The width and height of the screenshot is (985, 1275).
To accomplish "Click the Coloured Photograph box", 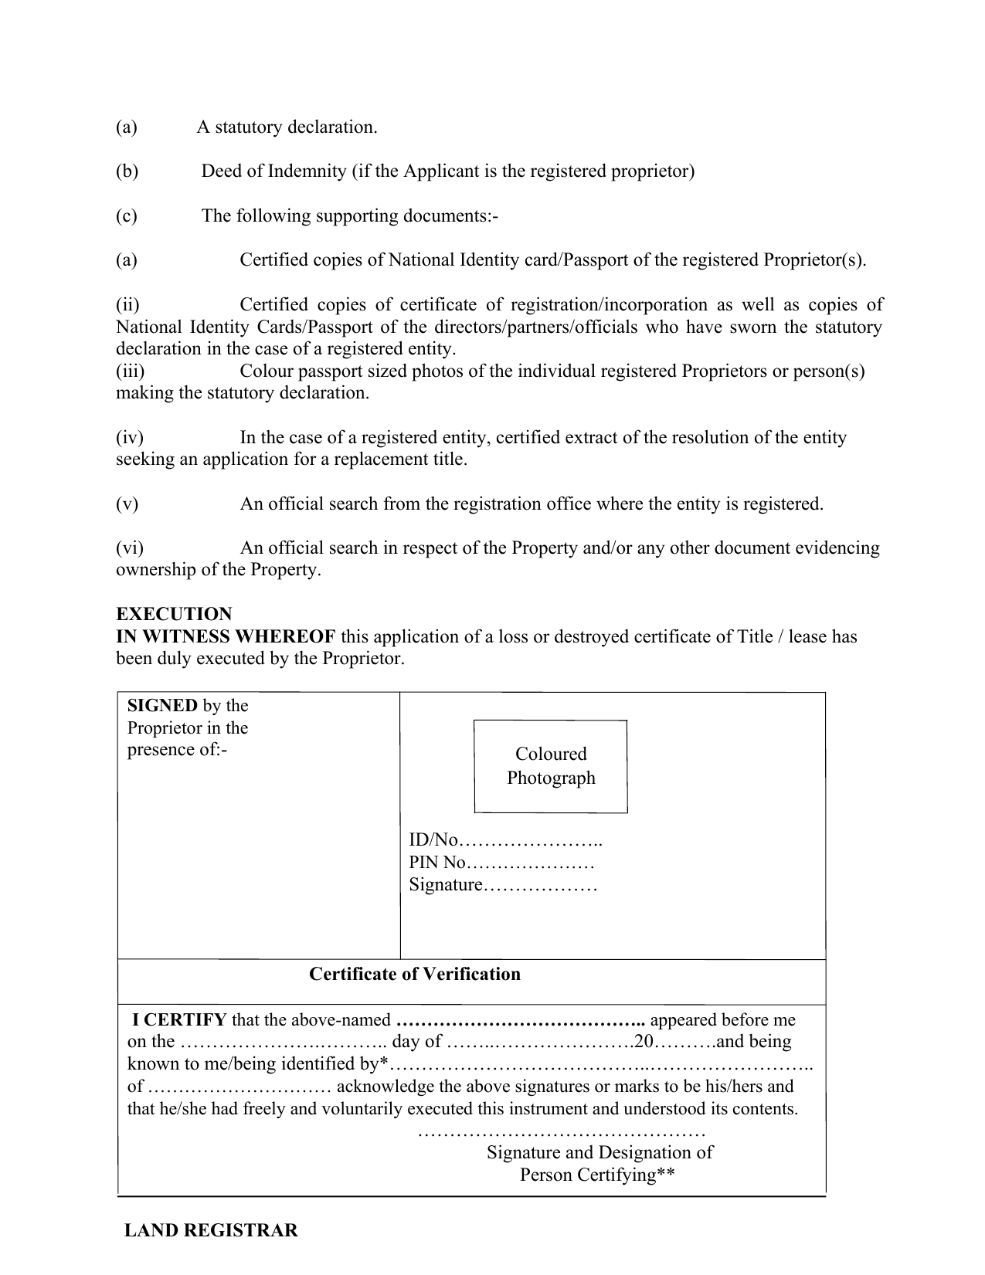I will (550, 765).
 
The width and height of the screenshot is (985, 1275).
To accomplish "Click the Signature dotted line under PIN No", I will (540, 885).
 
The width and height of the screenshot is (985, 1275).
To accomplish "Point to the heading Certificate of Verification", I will (415, 974).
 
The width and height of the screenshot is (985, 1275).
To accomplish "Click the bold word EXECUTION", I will (174, 614).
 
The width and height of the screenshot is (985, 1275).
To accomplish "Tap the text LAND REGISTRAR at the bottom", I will (211, 1231).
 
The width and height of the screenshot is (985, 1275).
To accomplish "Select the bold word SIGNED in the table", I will (162, 705).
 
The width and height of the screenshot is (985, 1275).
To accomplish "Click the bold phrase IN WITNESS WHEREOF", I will (226, 636).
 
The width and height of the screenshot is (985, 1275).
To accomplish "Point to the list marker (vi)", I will (130, 548).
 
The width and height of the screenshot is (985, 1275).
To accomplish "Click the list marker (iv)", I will (130, 438).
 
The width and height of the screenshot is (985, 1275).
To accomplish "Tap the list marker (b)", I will (127, 171).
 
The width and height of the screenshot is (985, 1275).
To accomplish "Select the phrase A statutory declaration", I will (287, 127).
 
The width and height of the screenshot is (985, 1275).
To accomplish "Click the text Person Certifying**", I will (598, 1175).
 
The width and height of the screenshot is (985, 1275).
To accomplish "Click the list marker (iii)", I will (130, 371).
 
